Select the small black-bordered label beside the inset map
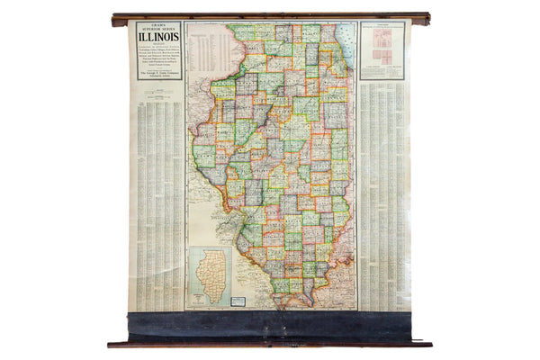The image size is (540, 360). coord(238,300)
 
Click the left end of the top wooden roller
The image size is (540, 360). coord(117,20)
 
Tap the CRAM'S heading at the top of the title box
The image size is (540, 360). coord(158,24)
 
